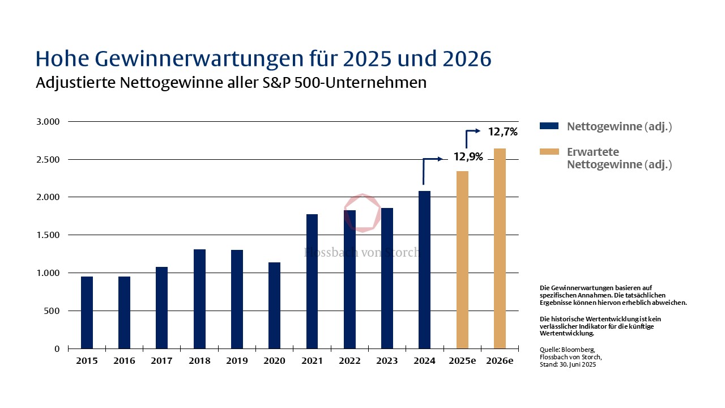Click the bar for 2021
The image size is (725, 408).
(312, 281)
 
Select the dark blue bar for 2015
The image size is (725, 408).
(87, 312)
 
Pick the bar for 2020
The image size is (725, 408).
(274, 305)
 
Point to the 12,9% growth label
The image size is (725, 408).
(468, 157)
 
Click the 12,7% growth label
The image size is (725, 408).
(502, 132)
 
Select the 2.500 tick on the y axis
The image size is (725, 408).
(48, 159)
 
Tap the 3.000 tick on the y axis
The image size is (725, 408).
(48, 121)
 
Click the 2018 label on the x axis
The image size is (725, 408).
(199, 361)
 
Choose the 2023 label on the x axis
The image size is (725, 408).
(387, 361)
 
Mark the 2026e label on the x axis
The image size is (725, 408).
(500, 361)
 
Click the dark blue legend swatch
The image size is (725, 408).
(549, 126)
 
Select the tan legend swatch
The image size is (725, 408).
(549, 152)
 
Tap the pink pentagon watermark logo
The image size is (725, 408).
(361, 213)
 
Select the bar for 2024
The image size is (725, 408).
(424, 270)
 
